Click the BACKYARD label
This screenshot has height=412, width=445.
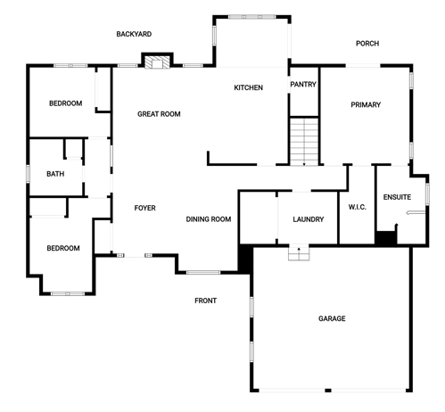134,34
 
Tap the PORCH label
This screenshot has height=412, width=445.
367,44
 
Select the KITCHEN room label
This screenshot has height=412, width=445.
249,87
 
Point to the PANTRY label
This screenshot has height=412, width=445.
303,85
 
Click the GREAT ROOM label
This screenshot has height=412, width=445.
159,114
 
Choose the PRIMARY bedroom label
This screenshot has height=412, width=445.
366,104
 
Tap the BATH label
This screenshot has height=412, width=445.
55,174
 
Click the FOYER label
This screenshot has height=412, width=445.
145,208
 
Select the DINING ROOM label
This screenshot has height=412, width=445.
209,219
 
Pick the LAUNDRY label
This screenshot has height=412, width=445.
309,219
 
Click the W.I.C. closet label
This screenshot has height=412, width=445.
357,207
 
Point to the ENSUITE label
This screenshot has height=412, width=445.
397,197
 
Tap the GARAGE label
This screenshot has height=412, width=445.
332,318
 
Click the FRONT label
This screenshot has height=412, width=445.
205,301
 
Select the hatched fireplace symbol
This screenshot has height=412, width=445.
157,62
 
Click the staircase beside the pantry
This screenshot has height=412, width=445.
304,142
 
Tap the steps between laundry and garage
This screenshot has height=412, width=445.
299,253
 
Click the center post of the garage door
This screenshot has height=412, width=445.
328,390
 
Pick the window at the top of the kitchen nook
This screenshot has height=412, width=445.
252,17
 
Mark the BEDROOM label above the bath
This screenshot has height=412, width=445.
66,103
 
